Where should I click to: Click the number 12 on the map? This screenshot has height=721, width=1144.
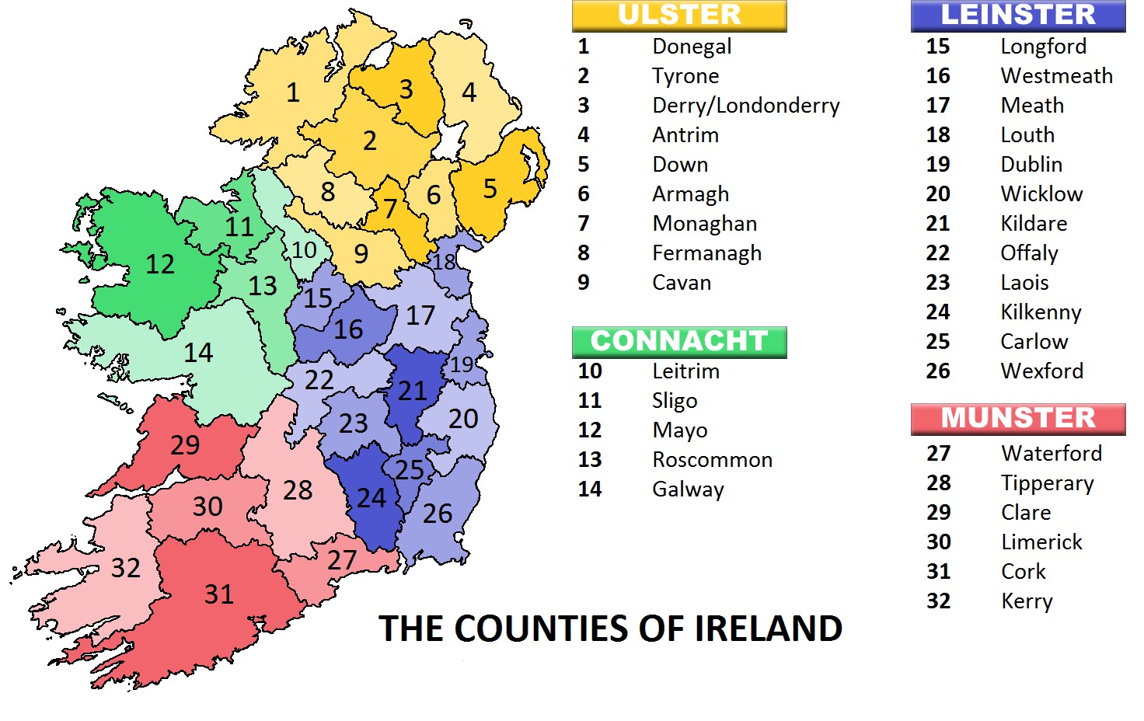[x=160, y=264]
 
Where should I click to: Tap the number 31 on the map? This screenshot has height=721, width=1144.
[x=219, y=594]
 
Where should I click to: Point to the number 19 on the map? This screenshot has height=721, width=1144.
[x=462, y=364]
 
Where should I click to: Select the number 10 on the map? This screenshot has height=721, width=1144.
[x=304, y=250]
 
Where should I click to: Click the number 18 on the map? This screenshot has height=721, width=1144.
[x=445, y=262]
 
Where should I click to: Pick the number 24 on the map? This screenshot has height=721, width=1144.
[x=371, y=498]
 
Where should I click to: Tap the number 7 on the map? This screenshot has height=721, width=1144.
[x=390, y=208]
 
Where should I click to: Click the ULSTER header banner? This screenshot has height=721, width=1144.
[x=679, y=16]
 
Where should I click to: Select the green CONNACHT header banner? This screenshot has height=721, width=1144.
[x=679, y=342]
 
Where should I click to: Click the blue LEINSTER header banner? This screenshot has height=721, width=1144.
[x=1018, y=16]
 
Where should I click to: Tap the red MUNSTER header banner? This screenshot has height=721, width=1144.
[x=1018, y=419]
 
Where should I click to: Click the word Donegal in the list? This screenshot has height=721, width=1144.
[x=692, y=47]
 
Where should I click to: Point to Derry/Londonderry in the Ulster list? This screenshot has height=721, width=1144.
[x=746, y=106]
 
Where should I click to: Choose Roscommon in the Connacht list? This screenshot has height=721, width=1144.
[x=713, y=460]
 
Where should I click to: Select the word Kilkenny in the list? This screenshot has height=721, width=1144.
[x=1041, y=312]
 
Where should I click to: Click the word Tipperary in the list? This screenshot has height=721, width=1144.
[x=1048, y=483]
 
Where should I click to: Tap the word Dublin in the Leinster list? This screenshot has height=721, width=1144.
[x=1031, y=165]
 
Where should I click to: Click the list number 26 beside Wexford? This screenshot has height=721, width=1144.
[x=938, y=371]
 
